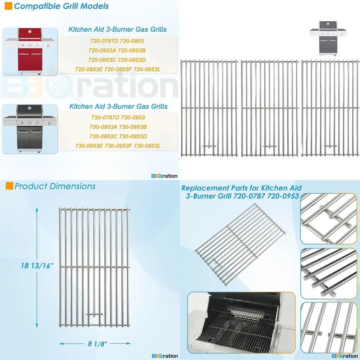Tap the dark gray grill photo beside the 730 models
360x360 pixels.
tap(30, 128)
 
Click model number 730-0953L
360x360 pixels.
tap(147, 145)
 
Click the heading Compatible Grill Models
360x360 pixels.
tap(61, 6)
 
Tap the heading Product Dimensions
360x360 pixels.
tap(55, 186)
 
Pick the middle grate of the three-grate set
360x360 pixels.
tap(270, 108)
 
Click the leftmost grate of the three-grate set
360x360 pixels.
tap(209, 108)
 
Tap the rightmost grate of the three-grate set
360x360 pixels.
tap(330, 108)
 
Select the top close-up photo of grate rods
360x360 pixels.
tap(329, 219)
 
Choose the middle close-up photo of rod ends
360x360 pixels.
tap(329, 274)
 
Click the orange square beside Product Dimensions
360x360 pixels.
tap(9, 186)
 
